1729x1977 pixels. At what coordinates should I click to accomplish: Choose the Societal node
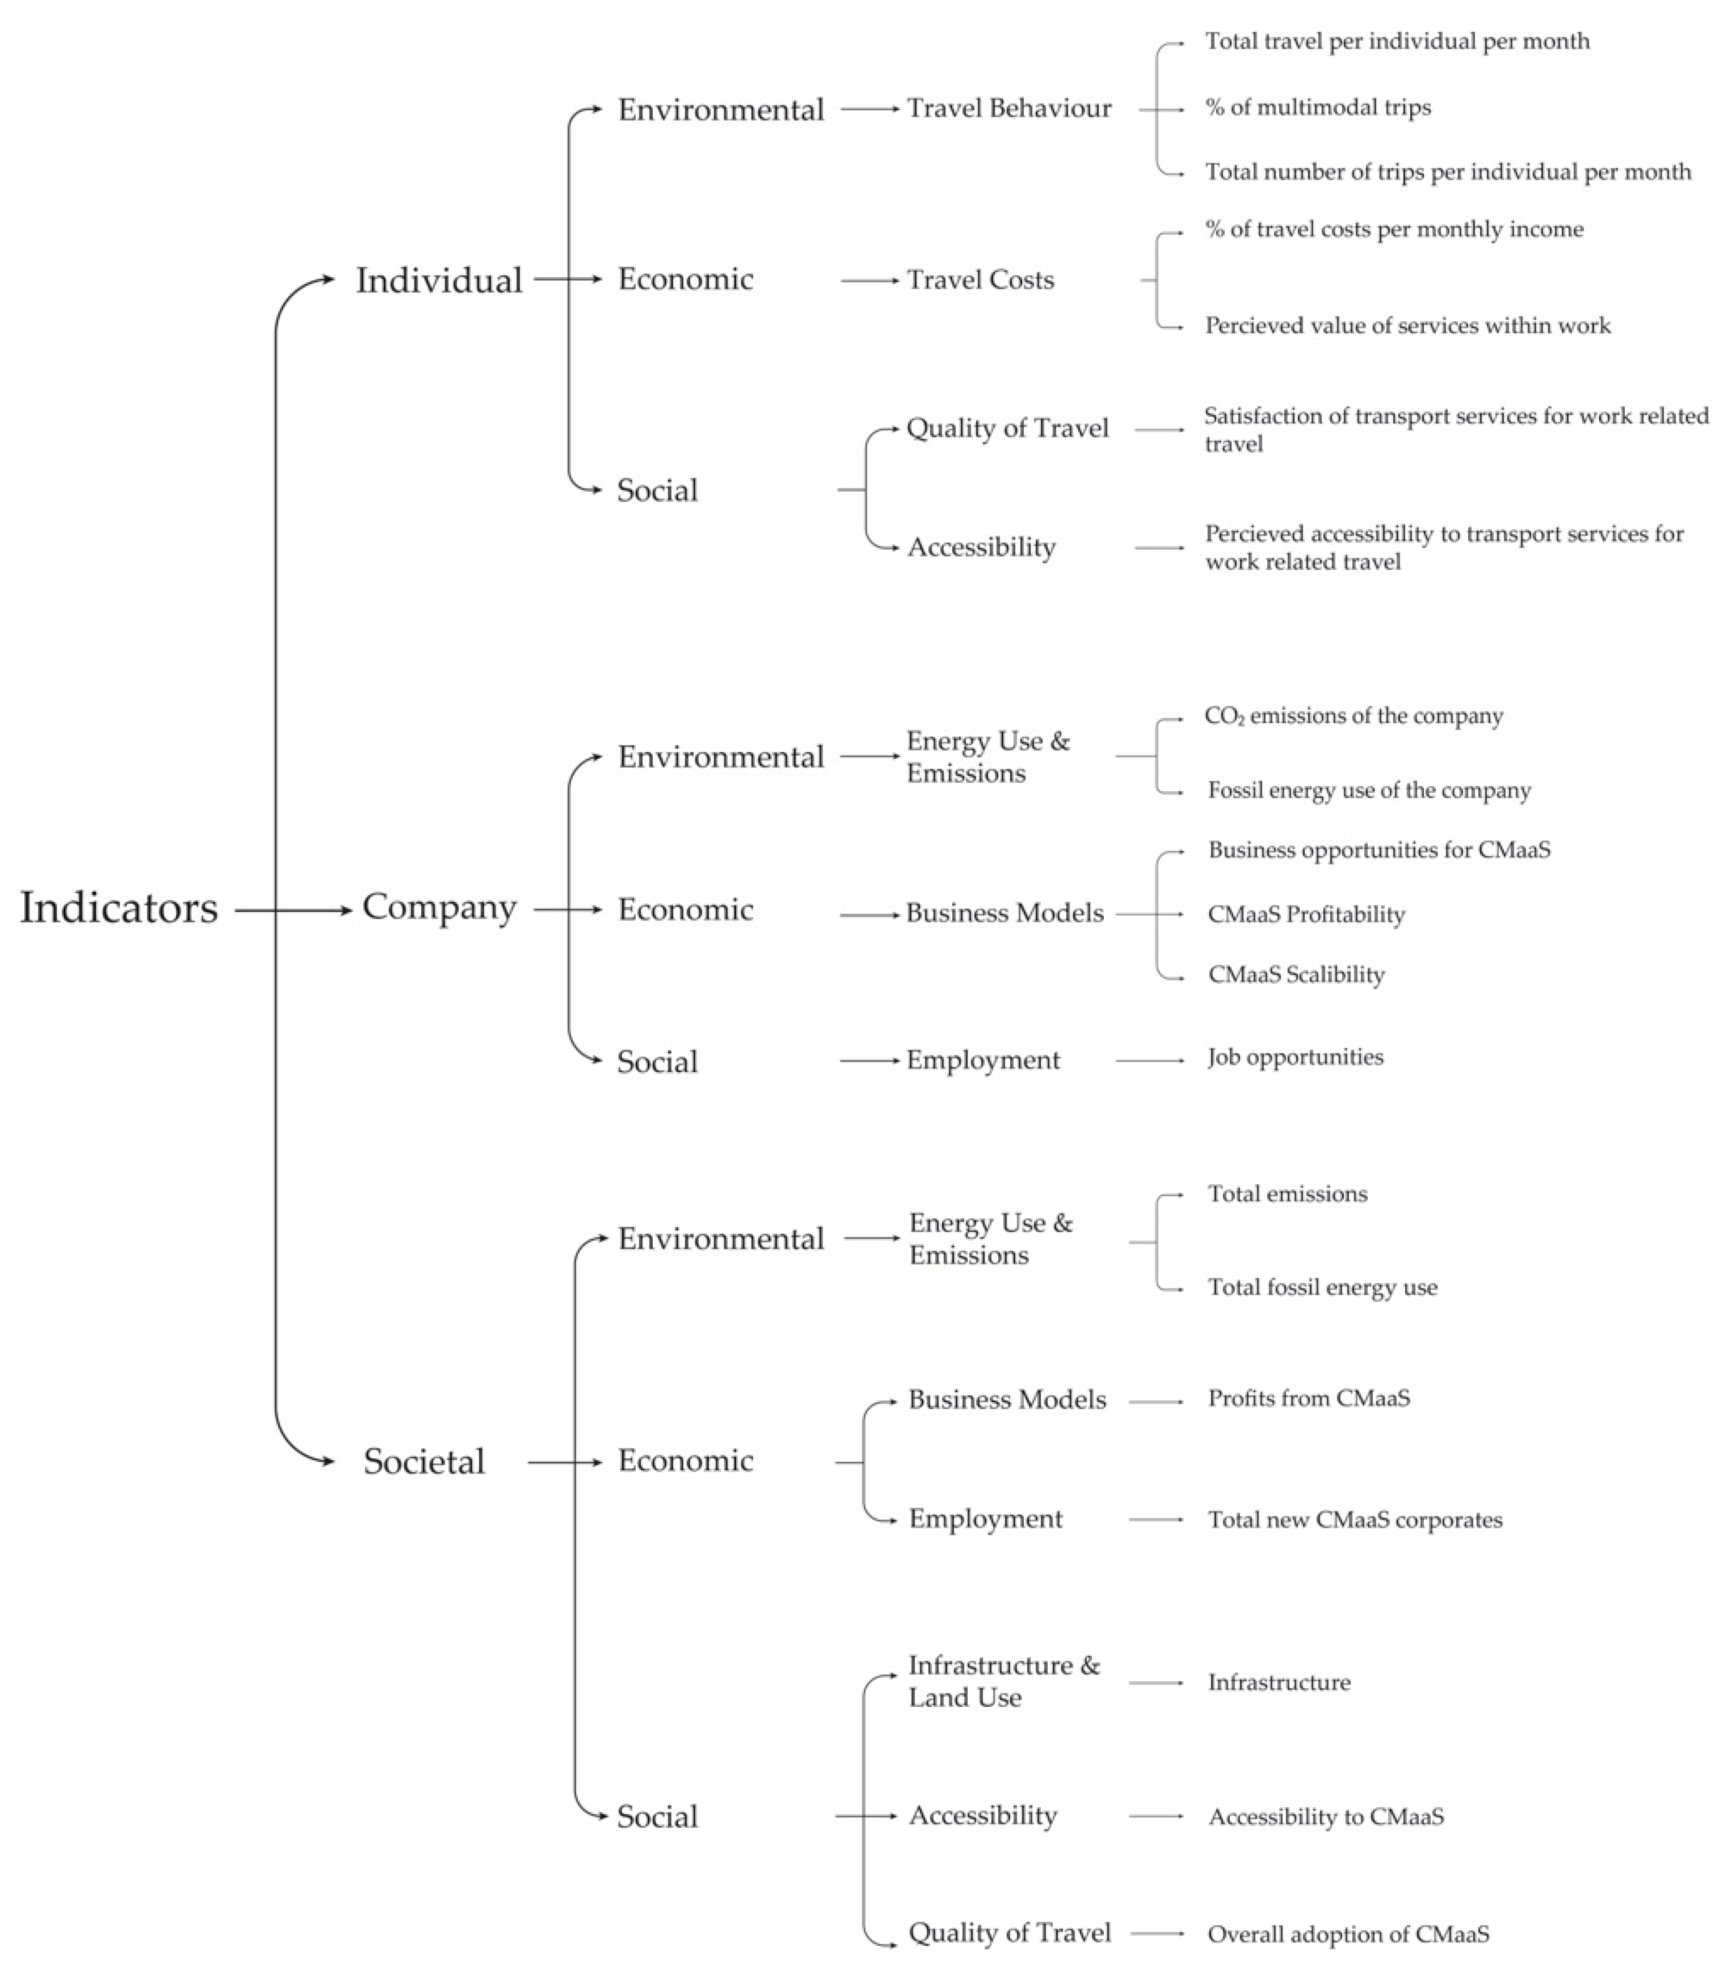point(424,1461)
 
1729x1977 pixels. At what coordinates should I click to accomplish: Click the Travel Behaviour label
point(1008,108)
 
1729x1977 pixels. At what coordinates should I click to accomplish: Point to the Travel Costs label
point(980,280)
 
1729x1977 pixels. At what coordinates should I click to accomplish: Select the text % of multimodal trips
point(1317,107)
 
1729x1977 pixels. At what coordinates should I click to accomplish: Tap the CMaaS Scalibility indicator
point(1296,975)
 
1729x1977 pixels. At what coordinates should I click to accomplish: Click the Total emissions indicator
point(1287,1194)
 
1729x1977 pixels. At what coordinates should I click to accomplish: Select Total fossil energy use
point(1322,1287)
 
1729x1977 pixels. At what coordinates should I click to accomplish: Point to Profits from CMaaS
point(1308,1398)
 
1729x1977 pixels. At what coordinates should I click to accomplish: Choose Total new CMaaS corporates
point(1355,1520)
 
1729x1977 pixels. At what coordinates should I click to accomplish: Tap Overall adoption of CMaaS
point(1348,1935)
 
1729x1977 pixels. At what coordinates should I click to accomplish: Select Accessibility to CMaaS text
point(1326,1817)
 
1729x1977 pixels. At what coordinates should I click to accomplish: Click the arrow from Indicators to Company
point(295,910)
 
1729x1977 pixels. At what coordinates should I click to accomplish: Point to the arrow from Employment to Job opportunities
point(1149,1060)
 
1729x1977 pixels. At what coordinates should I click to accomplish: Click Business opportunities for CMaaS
point(1379,850)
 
